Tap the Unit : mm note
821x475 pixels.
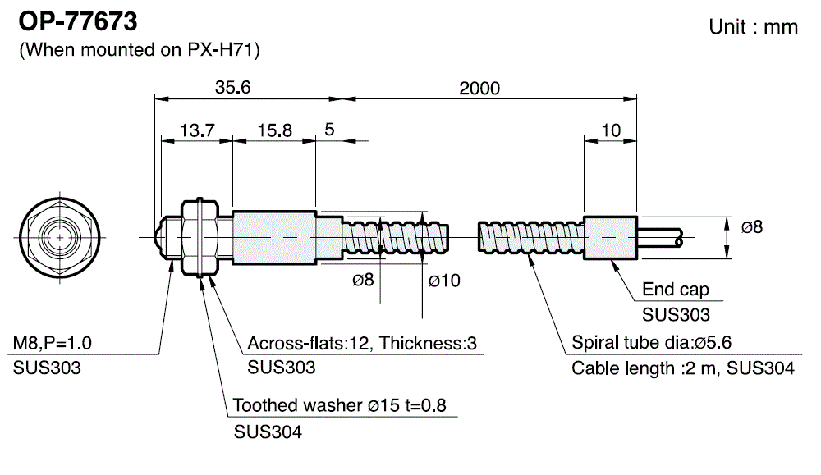click(753, 26)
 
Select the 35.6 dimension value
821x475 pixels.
click(232, 88)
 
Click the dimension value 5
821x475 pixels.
click(329, 130)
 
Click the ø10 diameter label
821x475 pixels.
click(444, 280)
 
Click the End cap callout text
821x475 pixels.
click(676, 290)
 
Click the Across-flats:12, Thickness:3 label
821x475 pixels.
click(362, 343)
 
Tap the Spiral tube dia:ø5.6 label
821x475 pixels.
click(651, 343)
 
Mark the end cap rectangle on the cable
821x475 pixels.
click(610, 237)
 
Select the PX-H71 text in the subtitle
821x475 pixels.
click(220, 50)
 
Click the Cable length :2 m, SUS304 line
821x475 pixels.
click(682, 368)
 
